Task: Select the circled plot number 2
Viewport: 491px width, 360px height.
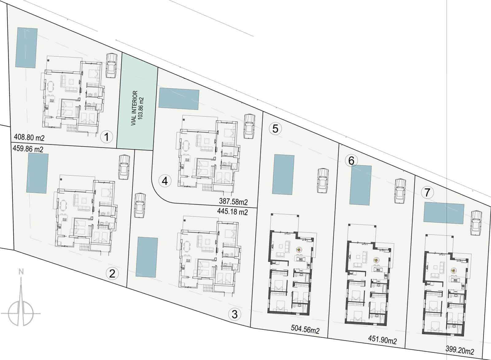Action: click(x=112, y=273)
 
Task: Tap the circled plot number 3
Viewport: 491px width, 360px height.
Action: click(x=234, y=314)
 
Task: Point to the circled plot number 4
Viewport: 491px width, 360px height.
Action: click(x=165, y=181)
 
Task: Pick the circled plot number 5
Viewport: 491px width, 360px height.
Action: click(x=275, y=129)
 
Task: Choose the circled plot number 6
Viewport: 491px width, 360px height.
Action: click(x=351, y=160)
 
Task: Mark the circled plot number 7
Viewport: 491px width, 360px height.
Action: click(x=427, y=193)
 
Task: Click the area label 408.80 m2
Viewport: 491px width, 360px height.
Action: click(x=29, y=137)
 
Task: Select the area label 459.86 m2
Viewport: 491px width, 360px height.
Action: click(x=28, y=149)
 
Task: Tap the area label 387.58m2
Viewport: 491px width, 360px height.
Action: click(x=233, y=202)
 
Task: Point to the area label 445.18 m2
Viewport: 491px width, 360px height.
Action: click(x=232, y=212)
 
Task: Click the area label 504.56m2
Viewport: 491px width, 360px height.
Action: click(x=305, y=331)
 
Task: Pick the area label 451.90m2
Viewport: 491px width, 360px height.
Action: click(x=382, y=340)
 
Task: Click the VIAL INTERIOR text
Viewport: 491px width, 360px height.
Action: click(x=134, y=108)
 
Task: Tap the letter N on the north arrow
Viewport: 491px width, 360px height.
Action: click(x=21, y=272)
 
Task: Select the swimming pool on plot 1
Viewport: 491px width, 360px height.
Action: click(x=27, y=48)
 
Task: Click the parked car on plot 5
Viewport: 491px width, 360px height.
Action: click(x=323, y=181)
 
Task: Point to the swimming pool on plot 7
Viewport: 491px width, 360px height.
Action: click(x=444, y=213)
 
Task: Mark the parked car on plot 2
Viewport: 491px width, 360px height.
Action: click(x=124, y=167)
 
